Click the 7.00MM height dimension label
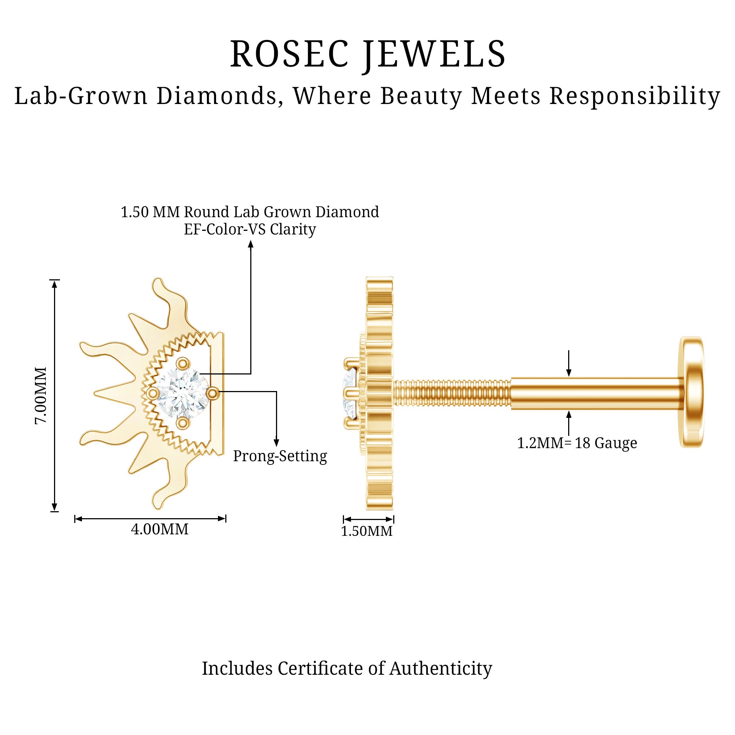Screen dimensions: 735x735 (x=41, y=395)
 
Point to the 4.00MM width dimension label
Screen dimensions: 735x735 (x=159, y=530)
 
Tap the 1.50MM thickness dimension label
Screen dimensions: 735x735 (x=366, y=531)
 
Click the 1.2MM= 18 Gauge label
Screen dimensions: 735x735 (x=577, y=443)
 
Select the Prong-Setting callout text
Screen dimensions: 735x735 (x=280, y=456)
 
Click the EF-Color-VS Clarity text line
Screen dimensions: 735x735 (x=250, y=229)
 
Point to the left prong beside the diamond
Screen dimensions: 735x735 (x=153, y=393)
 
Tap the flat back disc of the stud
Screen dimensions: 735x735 (x=691, y=392)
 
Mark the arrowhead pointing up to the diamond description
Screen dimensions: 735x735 (x=251, y=244)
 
